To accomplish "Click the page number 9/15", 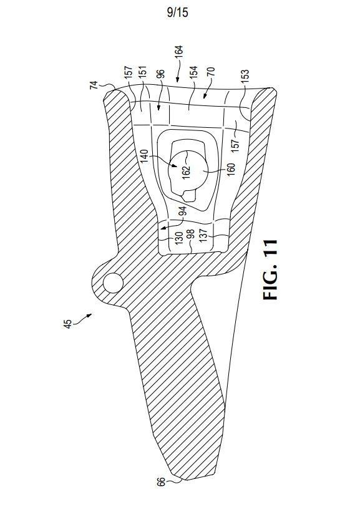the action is pyautogui.click(x=177, y=12).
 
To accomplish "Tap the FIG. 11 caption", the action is pyautogui.click(x=270, y=269).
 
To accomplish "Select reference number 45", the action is pyautogui.click(x=67, y=324).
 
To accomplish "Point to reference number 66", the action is pyautogui.click(x=161, y=482).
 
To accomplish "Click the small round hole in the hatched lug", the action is pyautogui.click(x=113, y=283).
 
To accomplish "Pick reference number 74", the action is pyautogui.click(x=94, y=85).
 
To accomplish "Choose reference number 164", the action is pyautogui.click(x=179, y=52).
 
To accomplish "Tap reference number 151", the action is pyautogui.click(x=142, y=72).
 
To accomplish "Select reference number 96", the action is pyautogui.click(x=161, y=74).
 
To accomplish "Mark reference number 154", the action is pyautogui.click(x=193, y=72).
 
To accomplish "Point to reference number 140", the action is pyautogui.click(x=144, y=156).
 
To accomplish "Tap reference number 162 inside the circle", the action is pyautogui.click(x=186, y=172).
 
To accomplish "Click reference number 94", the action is pyautogui.click(x=182, y=211).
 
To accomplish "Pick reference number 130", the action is pyautogui.click(x=179, y=238).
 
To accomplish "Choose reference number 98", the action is pyautogui.click(x=190, y=234).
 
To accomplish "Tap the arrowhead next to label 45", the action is pyautogui.click(x=89, y=315).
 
